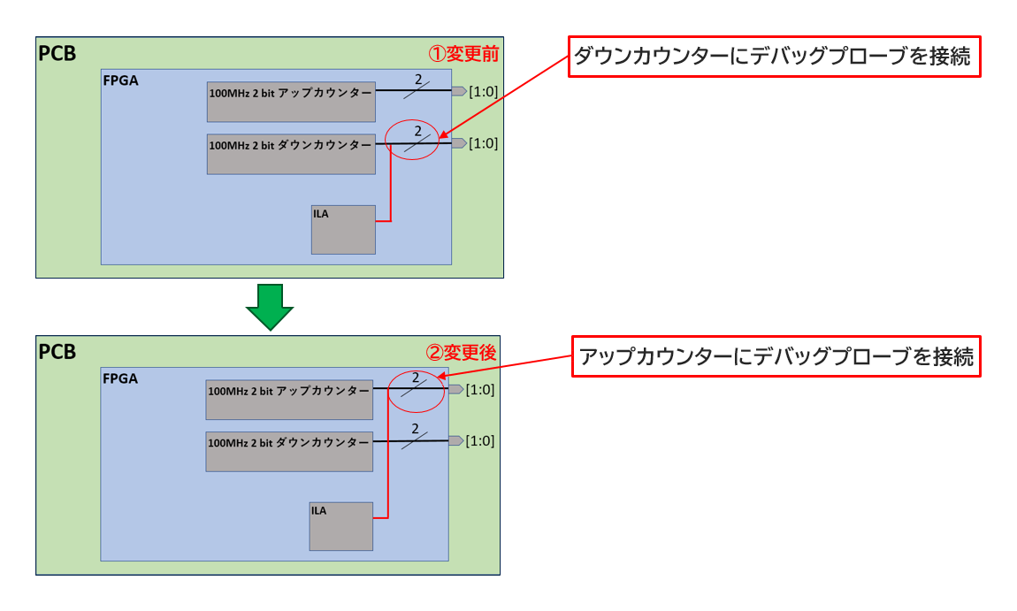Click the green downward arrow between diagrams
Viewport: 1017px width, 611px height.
pos(269,306)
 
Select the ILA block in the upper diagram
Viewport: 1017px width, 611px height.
pos(343,230)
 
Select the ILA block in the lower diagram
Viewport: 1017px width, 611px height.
pos(340,526)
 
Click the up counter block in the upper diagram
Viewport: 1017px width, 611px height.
pos(291,102)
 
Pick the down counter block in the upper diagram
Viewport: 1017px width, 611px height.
pos(291,154)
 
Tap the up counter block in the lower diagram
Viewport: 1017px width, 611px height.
pos(288,399)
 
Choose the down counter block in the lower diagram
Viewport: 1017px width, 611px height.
pos(288,451)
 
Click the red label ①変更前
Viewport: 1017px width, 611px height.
pos(463,54)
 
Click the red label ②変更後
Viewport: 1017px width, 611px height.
pos(461,352)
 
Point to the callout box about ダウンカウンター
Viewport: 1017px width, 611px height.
pos(774,57)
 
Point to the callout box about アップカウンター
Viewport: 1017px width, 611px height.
pos(776,356)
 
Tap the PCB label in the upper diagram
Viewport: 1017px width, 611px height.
pos(57,54)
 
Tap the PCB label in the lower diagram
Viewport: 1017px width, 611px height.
pos(57,352)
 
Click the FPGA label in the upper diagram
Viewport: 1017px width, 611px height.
pos(120,80)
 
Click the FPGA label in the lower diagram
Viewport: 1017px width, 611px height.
pos(120,378)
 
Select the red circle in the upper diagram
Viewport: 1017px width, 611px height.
pos(412,140)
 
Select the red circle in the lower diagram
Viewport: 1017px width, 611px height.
pos(415,390)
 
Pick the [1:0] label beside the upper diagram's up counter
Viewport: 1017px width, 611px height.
pos(483,91)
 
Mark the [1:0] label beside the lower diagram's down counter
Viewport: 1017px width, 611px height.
pos(479,440)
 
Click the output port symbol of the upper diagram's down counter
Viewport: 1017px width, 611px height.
pos(459,143)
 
